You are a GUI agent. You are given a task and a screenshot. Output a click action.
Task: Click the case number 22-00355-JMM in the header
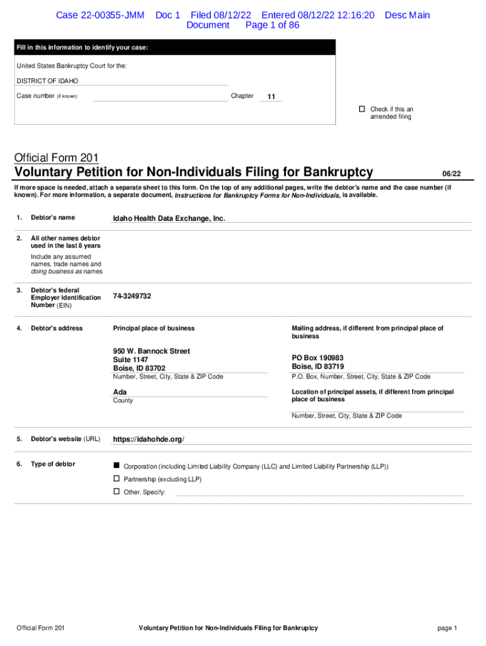(x=100, y=15)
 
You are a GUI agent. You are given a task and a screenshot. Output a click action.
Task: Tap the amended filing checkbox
(x=362, y=109)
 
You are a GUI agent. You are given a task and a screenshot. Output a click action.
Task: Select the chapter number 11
(x=271, y=97)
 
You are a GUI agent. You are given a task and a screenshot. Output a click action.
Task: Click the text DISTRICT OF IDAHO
(x=47, y=81)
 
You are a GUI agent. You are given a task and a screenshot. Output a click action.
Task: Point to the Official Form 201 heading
(x=56, y=158)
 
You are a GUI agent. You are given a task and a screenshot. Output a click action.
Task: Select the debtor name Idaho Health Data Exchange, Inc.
(x=169, y=218)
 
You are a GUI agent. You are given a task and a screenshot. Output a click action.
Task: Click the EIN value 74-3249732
(x=132, y=296)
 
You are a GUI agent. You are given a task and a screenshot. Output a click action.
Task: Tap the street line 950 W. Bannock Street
(x=151, y=351)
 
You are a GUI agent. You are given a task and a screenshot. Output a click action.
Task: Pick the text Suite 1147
(x=131, y=360)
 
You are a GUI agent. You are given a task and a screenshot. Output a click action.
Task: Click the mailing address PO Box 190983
(x=317, y=358)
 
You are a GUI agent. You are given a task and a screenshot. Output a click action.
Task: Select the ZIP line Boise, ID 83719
(x=317, y=367)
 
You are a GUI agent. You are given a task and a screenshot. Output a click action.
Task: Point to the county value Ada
(x=119, y=392)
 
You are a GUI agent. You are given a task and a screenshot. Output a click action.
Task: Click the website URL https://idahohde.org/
(x=148, y=439)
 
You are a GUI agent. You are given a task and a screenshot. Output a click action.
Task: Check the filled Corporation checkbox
(x=116, y=465)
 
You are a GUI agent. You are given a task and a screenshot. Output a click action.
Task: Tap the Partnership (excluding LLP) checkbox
(x=116, y=479)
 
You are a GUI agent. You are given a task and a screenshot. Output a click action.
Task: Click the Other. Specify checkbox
(x=116, y=491)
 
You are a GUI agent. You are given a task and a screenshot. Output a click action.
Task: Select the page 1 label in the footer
(x=446, y=628)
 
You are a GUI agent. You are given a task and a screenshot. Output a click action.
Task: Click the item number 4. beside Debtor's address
(x=20, y=328)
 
